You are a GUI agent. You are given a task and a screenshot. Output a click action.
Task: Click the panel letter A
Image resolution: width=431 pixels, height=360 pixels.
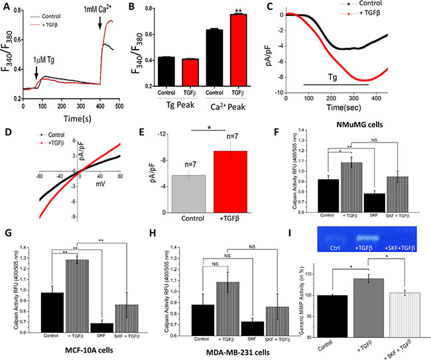point(6,6)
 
